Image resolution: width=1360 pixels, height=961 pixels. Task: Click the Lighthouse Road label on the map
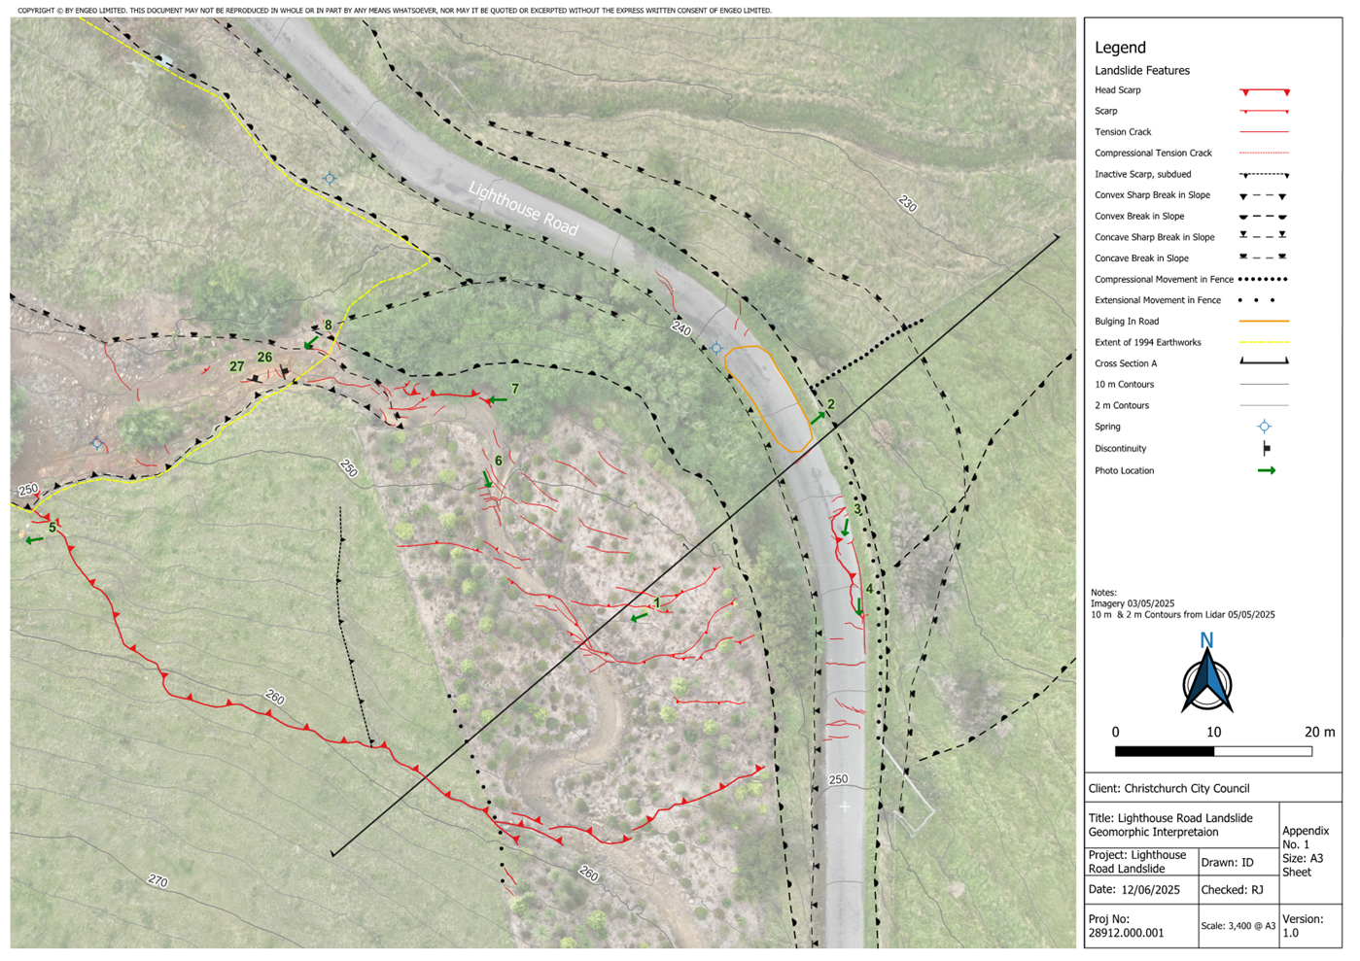pos(523,208)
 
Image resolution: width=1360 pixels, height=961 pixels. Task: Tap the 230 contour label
pos(907,204)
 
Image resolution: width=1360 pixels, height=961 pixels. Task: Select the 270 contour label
pos(157,880)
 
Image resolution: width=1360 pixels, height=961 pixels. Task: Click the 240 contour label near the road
pos(680,330)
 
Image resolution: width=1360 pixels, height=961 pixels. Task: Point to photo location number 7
pos(515,389)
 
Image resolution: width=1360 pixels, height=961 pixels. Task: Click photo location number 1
pos(657,603)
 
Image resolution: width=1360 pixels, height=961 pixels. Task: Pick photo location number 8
pos(329,326)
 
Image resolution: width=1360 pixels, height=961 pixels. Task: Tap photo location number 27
pos(237,366)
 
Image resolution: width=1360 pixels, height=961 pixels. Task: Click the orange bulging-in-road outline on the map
pos(769,397)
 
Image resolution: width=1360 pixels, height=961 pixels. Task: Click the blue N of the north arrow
pos(1206,640)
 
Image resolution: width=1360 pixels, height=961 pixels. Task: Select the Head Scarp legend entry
pos(1118,90)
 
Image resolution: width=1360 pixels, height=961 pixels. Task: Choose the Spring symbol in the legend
pos(1264,427)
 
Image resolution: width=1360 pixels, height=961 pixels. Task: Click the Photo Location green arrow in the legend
pos(1266,470)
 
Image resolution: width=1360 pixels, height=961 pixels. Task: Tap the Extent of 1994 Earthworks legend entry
pos(1147,342)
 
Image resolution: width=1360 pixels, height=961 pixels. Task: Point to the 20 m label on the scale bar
pos(1319,732)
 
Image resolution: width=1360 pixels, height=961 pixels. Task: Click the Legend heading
pos(1120,48)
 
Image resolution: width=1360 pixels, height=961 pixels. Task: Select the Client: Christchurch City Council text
pos(1168,789)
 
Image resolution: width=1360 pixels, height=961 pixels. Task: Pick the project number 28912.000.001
pos(1126,933)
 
